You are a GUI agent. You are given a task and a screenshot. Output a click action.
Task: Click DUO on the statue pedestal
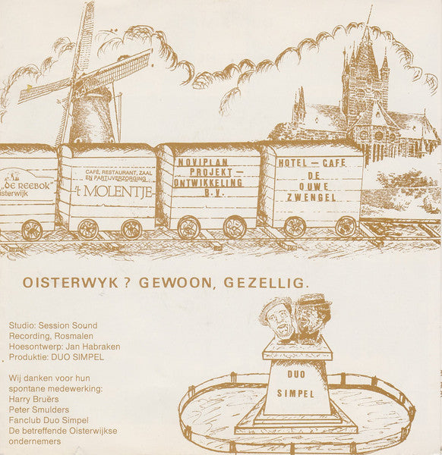click(x=296, y=374)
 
